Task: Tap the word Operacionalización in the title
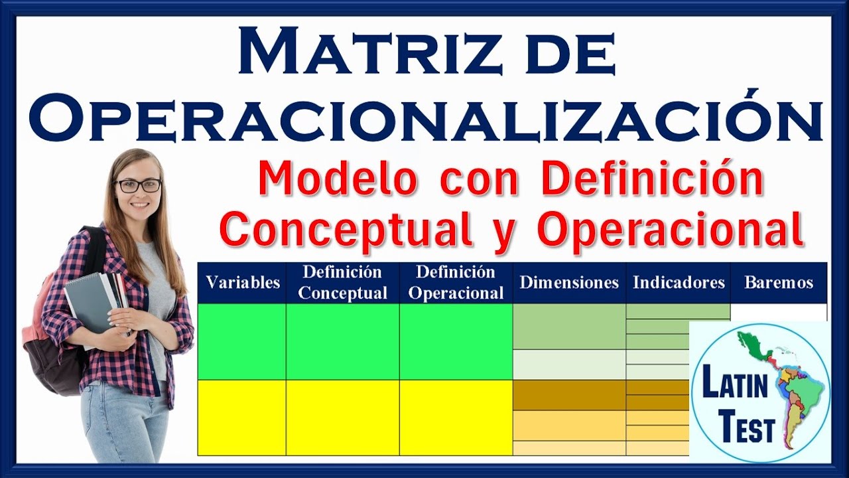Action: tap(425, 119)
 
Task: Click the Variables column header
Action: tap(243, 283)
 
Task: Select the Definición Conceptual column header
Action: tap(343, 283)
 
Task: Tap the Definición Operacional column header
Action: tap(456, 283)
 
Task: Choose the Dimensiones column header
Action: tap(569, 283)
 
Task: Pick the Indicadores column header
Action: tap(679, 283)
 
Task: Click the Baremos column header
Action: tap(779, 283)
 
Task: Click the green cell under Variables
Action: tap(242, 341)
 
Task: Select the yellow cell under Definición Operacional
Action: tap(456, 418)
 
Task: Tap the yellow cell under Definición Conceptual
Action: tap(343, 418)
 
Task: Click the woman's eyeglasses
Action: tap(138, 186)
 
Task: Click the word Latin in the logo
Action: tap(730, 387)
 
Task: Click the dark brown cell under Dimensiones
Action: tap(569, 395)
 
